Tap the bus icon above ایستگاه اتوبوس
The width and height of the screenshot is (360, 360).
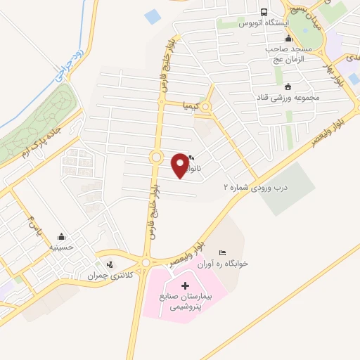(x=264, y=12)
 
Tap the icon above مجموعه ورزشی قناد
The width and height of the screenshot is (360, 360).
(x=288, y=86)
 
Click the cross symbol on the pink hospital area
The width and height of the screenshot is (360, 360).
(x=185, y=285)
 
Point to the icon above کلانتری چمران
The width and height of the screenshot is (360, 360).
(x=109, y=264)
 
